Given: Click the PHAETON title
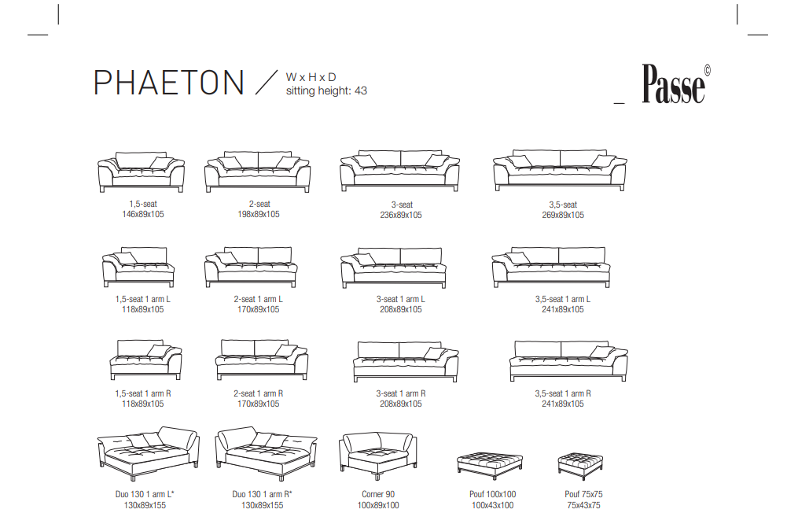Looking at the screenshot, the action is tap(169, 83).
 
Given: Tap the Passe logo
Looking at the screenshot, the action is tap(676, 84).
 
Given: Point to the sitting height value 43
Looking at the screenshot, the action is tap(361, 90).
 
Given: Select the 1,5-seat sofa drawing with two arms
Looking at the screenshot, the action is tap(141, 172).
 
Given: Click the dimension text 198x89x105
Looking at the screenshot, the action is tap(259, 214).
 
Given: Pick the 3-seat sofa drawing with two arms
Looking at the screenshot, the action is tap(400, 171).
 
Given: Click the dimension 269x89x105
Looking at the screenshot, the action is tap(563, 215).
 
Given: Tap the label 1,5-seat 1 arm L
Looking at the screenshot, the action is tap(143, 300).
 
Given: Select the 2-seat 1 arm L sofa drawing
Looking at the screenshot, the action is tap(251, 268).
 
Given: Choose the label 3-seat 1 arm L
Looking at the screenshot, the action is tap(401, 300).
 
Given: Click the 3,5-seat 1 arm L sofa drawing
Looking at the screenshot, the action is tap(551, 268).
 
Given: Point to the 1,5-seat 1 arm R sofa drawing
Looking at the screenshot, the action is tap(146, 360).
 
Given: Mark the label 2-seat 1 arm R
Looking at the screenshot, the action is tap(259, 393).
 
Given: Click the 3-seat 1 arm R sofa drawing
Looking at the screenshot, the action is tap(406, 362).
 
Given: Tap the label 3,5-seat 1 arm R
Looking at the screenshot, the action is tap(563, 393).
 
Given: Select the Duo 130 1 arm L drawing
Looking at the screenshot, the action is tap(148, 453).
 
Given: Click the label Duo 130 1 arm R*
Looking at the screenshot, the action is tap(262, 494).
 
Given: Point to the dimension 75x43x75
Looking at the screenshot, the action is tap(583, 505).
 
